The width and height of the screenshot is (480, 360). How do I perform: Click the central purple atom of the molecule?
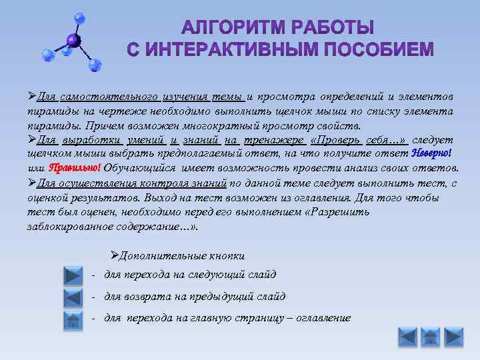click(73, 41)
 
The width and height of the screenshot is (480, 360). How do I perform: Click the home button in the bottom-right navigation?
click(431, 337)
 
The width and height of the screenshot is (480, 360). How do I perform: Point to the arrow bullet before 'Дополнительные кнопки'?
click(114, 255)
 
